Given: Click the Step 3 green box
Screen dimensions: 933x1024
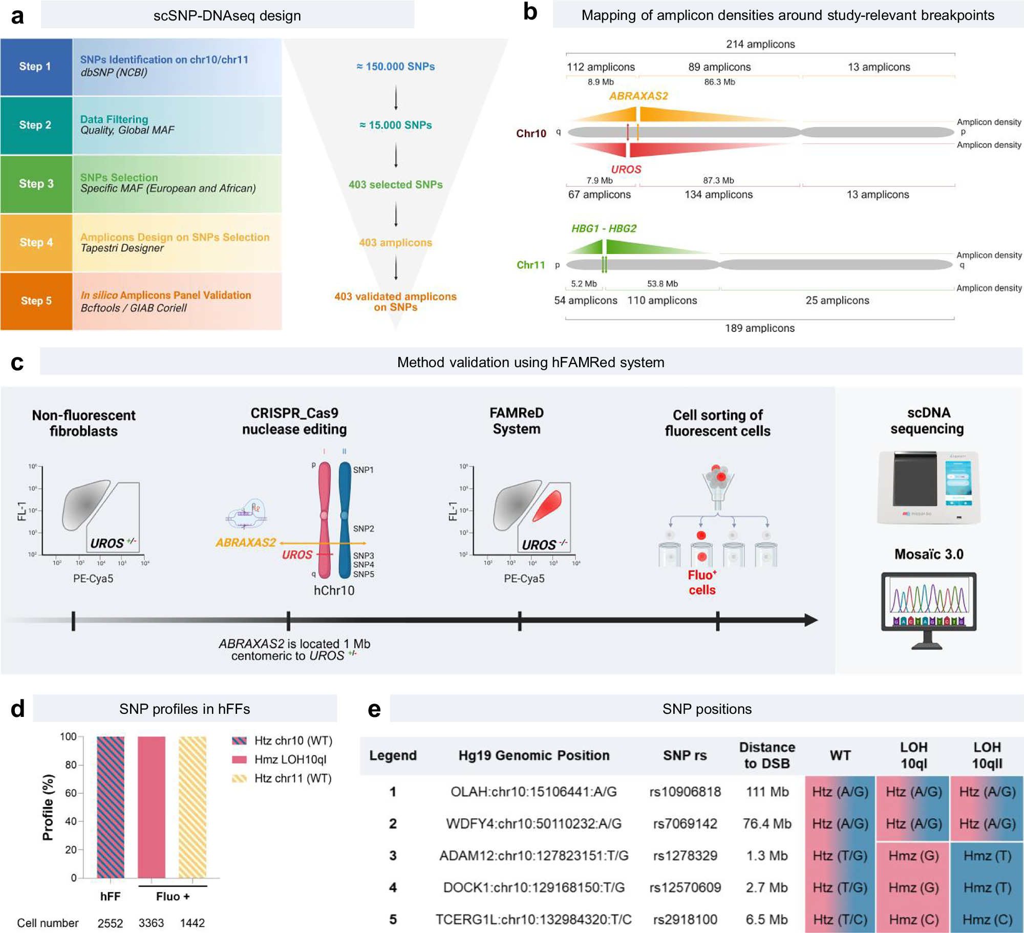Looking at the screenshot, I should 36,184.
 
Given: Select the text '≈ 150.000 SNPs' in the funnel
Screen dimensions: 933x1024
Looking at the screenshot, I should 396,67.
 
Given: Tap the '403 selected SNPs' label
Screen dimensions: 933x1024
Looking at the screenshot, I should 396,184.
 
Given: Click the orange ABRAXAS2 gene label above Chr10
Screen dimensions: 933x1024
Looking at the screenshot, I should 638,96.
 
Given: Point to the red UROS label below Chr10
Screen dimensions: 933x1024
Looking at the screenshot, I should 626,169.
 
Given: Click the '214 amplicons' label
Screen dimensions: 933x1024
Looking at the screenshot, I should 760,44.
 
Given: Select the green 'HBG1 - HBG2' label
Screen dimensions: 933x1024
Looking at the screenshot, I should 604,228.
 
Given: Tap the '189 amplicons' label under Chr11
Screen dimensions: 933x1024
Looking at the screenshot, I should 760,328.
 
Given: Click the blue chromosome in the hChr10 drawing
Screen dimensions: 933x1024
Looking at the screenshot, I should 345,517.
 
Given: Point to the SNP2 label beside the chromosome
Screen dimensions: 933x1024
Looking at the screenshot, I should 364,528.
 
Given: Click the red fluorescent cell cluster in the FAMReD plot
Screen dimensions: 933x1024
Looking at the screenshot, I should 548,505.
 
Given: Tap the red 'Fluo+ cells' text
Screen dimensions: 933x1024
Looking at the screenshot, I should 702,582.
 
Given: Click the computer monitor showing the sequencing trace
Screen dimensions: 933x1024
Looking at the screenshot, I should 928,602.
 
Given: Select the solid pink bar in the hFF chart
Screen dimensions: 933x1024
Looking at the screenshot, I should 152,807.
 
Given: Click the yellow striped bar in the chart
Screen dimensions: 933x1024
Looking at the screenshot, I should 193,807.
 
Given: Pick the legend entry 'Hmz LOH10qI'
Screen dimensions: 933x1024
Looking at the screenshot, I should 290,759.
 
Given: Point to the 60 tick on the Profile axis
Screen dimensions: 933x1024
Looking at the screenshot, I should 70,793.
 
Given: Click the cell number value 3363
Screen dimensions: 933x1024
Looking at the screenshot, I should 152,923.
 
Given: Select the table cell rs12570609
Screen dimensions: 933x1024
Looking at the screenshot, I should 685,887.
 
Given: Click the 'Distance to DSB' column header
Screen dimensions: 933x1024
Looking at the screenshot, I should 766,755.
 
